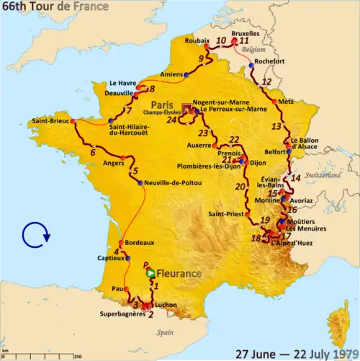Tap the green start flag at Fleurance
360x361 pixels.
pyautogui.click(x=150, y=274)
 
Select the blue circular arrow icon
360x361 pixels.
pyautogui.click(x=34, y=234)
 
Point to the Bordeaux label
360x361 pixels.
pyautogui.click(x=140, y=243)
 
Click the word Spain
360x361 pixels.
pyautogui.click(x=166, y=333)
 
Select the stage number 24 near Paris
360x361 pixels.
pyautogui.click(x=171, y=120)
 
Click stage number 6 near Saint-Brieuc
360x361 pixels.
pyautogui.click(x=92, y=152)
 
